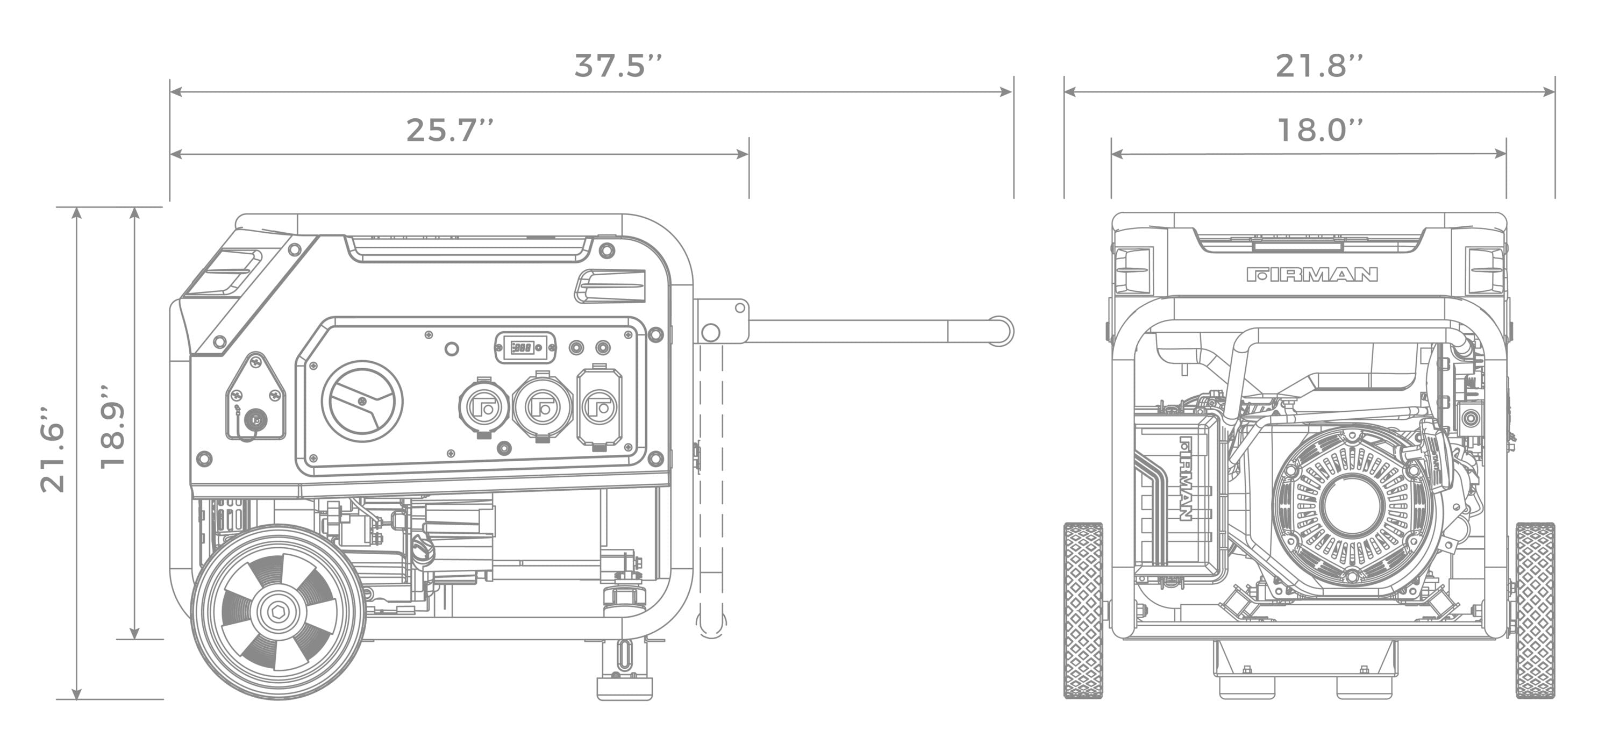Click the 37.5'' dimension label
(x=617, y=66)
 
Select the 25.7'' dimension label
(x=449, y=131)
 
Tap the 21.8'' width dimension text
(x=1319, y=66)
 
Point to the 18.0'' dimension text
(x=1319, y=131)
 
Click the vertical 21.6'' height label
(x=53, y=451)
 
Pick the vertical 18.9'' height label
(x=113, y=428)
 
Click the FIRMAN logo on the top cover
(x=1312, y=274)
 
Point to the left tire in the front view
(x=1083, y=610)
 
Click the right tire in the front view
(x=1535, y=610)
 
